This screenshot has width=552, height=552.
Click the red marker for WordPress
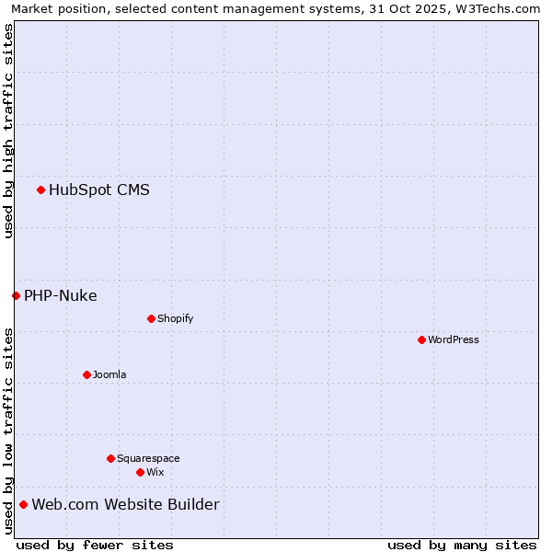click(x=421, y=339)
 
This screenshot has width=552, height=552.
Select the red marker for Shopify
click(x=151, y=318)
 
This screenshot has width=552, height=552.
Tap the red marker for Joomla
click(x=86, y=374)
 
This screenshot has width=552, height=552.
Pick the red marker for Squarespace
click(x=110, y=458)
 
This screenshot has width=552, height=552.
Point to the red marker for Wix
click(x=140, y=472)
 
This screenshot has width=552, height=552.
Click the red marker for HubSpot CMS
click(x=40, y=190)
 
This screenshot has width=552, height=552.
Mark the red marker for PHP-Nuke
click(x=16, y=295)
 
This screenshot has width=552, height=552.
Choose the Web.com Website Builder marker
click(x=23, y=504)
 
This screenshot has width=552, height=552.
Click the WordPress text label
click(x=454, y=339)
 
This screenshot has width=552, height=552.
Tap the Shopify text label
click(x=175, y=318)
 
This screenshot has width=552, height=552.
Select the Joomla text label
click(x=109, y=374)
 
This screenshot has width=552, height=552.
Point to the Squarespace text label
click(x=148, y=458)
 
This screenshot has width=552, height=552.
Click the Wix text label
click(x=155, y=472)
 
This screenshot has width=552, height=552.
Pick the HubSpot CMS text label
click(x=99, y=190)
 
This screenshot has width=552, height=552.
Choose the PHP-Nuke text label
click(x=61, y=295)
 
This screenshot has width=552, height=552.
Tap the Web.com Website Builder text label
click(x=126, y=504)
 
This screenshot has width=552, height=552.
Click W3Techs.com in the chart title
click(x=503, y=8)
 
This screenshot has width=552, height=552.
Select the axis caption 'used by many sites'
click(x=462, y=545)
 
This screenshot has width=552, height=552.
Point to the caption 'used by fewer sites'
click(x=95, y=545)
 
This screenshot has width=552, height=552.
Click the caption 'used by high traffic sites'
click(x=8, y=131)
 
